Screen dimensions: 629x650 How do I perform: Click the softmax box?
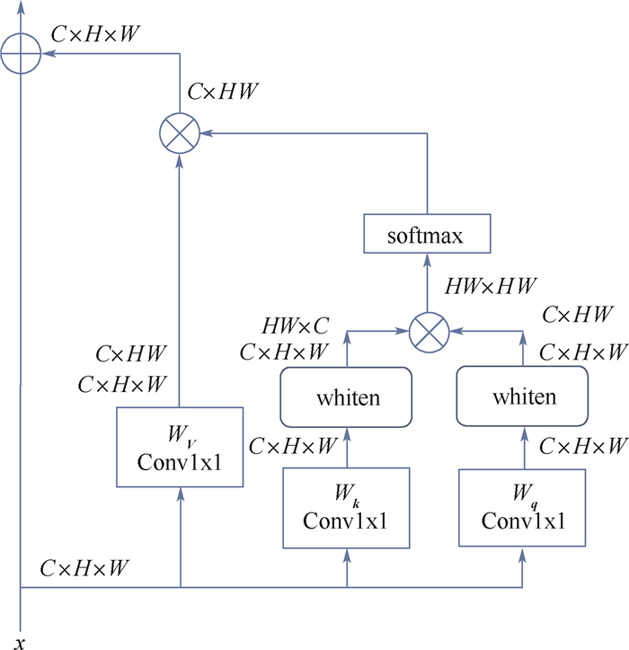point(427,234)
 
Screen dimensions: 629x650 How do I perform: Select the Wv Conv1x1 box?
point(180,447)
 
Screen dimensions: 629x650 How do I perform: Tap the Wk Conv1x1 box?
point(346,508)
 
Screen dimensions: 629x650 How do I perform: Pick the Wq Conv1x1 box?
point(522,507)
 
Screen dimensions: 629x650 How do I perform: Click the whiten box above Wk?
point(346,397)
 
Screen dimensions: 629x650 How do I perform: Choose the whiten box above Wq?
point(522,396)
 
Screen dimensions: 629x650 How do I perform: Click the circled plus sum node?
point(21,53)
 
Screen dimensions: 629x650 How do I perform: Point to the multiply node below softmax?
point(429,333)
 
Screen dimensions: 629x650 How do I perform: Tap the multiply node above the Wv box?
point(180,133)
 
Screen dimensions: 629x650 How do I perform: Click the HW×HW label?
point(491,286)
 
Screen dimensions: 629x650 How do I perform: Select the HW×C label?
point(295,325)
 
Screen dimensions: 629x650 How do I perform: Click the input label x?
point(20,644)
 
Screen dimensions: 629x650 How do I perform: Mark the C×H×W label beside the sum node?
point(95,34)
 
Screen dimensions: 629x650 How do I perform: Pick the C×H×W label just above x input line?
point(84,568)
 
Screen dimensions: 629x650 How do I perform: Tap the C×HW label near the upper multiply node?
point(223,91)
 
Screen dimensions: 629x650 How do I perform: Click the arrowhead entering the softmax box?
point(427,260)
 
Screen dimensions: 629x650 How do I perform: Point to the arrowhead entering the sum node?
point(49,53)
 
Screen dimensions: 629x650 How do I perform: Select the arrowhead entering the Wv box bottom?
point(181,494)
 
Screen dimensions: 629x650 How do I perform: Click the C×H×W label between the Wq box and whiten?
point(583,446)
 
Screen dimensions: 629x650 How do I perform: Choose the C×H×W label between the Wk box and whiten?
point(293,446)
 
